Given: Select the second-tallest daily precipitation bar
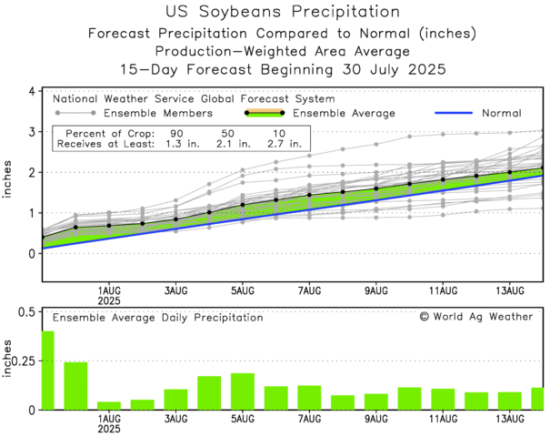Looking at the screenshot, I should coord(75,386).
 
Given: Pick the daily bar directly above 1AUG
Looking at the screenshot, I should coord(109,405).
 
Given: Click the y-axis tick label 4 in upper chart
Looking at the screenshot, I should coord(31,92).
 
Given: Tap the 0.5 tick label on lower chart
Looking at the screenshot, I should coord(25,313).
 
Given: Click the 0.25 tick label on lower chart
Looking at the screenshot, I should coord(23,361).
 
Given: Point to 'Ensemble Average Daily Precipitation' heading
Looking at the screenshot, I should coord(157,318).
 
